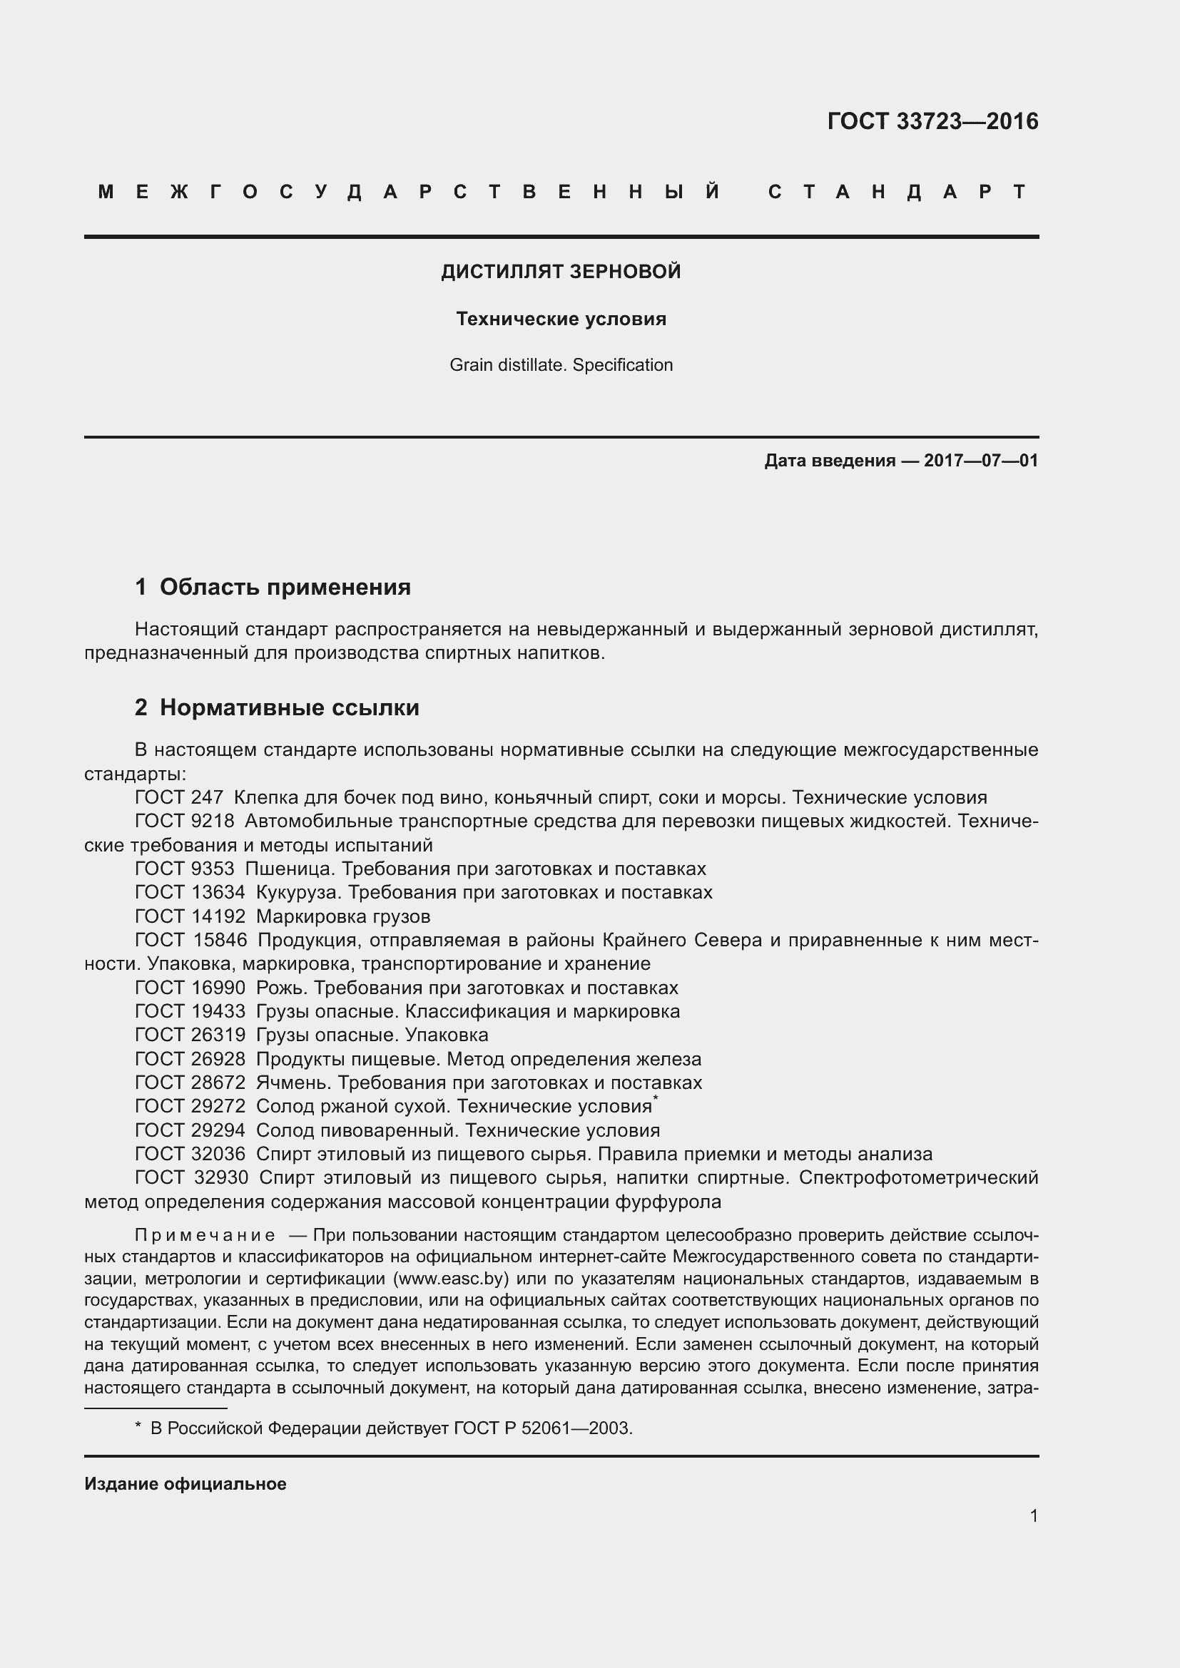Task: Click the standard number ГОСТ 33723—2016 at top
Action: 932,121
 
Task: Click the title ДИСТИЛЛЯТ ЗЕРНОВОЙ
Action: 561,272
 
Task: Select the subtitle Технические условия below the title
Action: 561,319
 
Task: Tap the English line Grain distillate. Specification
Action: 561,364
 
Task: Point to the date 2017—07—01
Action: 981,461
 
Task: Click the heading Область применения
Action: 285,587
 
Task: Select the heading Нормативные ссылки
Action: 289,707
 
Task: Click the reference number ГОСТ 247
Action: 180,798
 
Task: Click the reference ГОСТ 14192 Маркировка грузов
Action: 283,916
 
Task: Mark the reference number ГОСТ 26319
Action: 190,1035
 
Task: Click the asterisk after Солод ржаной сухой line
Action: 656,1100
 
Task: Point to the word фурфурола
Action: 668,1202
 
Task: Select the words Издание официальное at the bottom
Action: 185,1484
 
